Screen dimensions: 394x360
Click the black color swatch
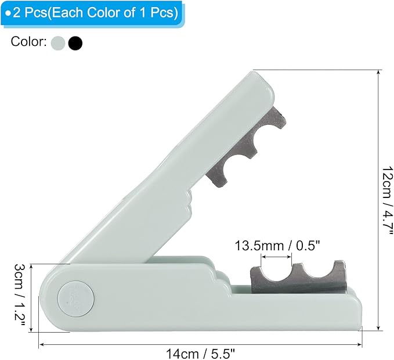(x=75, y=43)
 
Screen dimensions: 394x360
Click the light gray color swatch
(x=58, y=43)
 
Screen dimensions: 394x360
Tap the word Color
(x=28, y=42)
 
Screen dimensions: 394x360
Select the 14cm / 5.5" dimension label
(x=200, y=354)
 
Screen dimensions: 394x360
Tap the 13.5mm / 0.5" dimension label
(x=277, y=246)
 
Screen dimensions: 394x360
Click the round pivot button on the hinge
(x=76, y=299)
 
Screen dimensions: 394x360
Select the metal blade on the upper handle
(x=245, y=148)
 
